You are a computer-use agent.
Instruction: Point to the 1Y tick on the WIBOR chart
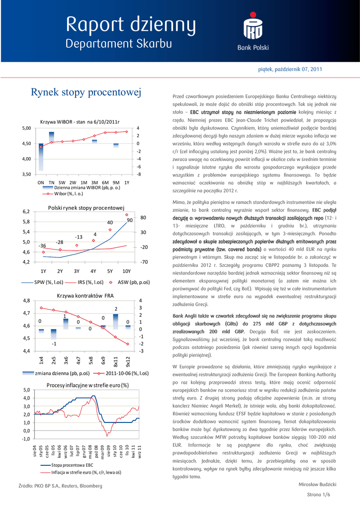click(x=126, y=182)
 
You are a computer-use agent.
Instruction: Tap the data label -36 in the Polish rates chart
click(x=43, y=246)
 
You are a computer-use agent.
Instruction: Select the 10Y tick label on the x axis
click(x=126, y=271)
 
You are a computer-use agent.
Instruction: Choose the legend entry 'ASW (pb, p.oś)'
click(x=133, y=282)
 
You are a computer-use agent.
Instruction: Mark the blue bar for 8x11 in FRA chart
click(x=115, y=321)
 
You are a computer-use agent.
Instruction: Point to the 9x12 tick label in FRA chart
click(x=127, y=360)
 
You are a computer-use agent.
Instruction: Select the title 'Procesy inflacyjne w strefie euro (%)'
click(x=87, y=385)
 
